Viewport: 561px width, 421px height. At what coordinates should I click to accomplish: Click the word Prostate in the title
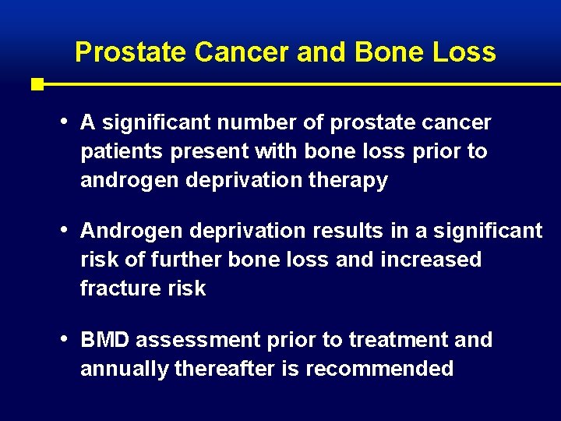click(x=131, y=52)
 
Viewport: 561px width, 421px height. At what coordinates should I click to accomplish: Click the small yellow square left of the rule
click(x=37, y=84)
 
